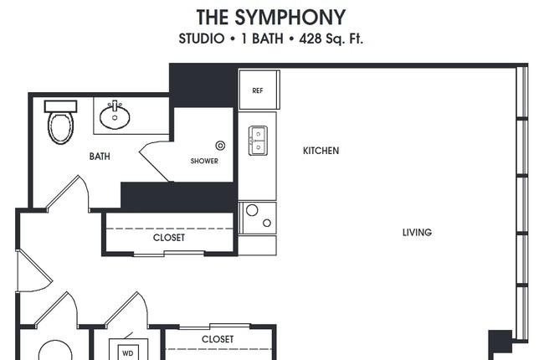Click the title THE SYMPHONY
(271, 17)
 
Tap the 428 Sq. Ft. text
(331, 39)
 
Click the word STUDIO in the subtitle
(202, 39)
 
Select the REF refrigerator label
(258, 90)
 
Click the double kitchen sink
(258, 141)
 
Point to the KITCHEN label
(321, 151)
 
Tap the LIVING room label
(417, 232)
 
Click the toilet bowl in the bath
(61, 128)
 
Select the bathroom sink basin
(115, 116)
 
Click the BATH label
(100, 157)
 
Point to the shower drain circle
(220, 146)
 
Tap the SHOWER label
(204, 161)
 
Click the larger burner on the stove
(252, 210)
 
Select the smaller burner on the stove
(267, 223)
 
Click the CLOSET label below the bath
(169, 238)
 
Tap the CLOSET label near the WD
(218, 339)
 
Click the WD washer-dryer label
(128, 354)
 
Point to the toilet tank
(61, 106)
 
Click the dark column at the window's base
(500, 342)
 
